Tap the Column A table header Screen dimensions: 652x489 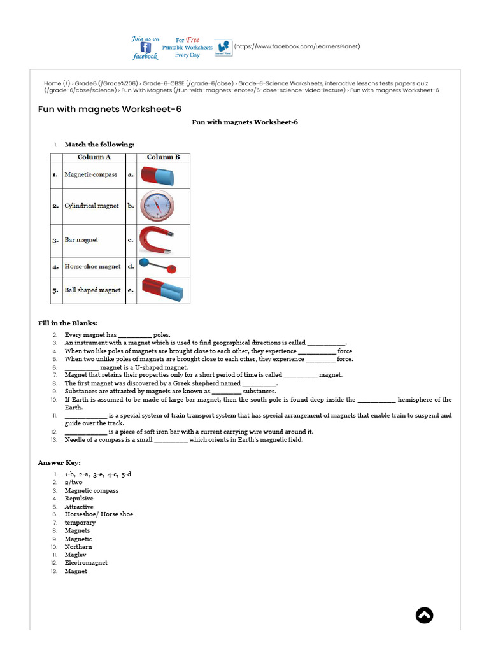tap(94, 157)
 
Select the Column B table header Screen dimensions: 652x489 tap(163, 157)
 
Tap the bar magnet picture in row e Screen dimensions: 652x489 tap(162, 290)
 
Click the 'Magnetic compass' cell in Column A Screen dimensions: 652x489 tap(90, 174)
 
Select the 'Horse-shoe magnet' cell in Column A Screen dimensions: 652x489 tap(92, 266)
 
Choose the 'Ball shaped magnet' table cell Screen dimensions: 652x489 tap(92, 290)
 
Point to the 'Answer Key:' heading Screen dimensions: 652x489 tap(59, 462)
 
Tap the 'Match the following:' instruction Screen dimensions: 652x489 tap(99, 145)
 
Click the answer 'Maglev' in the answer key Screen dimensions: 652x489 tap(75, 555)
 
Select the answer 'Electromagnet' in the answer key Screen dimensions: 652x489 tap(86, 563)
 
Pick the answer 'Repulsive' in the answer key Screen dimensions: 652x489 tap(79, 499)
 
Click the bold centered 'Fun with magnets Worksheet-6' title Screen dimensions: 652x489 tap(244, 122)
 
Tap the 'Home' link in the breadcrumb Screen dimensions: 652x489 tap(52, 83)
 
